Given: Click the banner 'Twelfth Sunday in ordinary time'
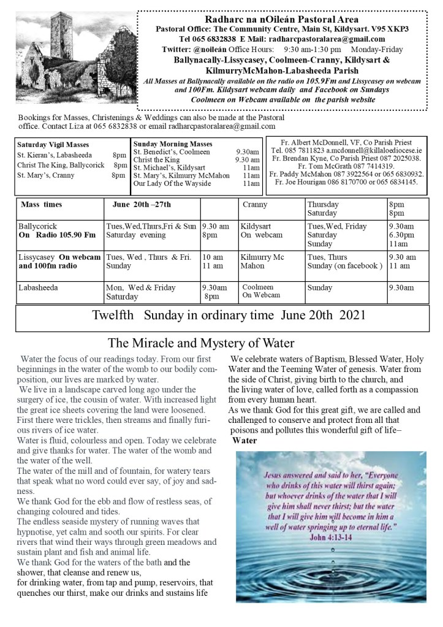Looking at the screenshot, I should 227,316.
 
